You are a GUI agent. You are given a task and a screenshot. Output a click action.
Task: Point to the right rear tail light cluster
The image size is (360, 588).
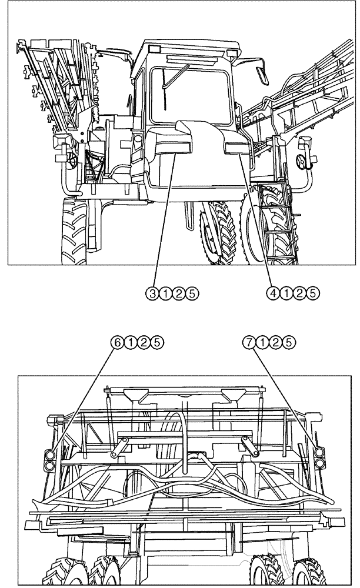point(319,458)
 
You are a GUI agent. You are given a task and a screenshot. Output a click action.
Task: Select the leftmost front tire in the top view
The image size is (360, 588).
point(74,232)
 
